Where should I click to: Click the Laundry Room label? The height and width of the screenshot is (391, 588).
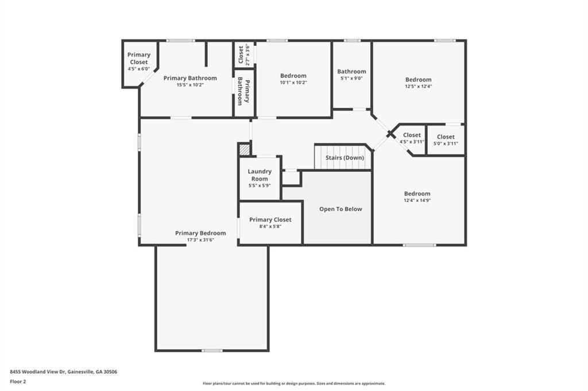(x=260, y=175)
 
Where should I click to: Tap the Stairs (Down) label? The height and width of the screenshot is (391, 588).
(x=345, y=158)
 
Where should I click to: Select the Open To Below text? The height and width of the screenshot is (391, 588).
(x=341, y=209)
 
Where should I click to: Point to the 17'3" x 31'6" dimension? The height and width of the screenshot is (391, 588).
(x=200, y=240)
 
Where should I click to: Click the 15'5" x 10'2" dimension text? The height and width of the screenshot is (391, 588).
(x=190, y=85)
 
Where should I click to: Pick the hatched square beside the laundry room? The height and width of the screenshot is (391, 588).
(x=245, y=149)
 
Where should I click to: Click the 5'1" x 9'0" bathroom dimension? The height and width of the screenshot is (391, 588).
(x=351, y=79)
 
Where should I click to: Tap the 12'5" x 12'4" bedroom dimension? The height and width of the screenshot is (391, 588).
(x=418, y=87)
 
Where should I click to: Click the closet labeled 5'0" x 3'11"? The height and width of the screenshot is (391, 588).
(x=446, y=139)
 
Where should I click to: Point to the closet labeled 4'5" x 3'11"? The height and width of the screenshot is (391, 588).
(x=412, y=138)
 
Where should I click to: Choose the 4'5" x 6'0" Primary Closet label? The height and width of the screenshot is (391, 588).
(x=138, y=61)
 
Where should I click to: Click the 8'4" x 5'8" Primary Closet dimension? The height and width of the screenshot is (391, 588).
(x=270, y=226)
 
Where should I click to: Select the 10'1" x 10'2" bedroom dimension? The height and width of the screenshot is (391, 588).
(x=293, y=83)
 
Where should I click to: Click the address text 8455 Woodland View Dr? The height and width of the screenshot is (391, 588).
(x=64, y=372)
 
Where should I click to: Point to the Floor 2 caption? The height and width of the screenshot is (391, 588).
(x=18, y=381)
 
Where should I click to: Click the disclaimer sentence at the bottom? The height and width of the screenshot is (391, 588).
(x=293, y=384)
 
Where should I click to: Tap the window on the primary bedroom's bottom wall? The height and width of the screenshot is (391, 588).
(x=212, y=350)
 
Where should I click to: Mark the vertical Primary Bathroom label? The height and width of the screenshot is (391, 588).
(x=243, y=93)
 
